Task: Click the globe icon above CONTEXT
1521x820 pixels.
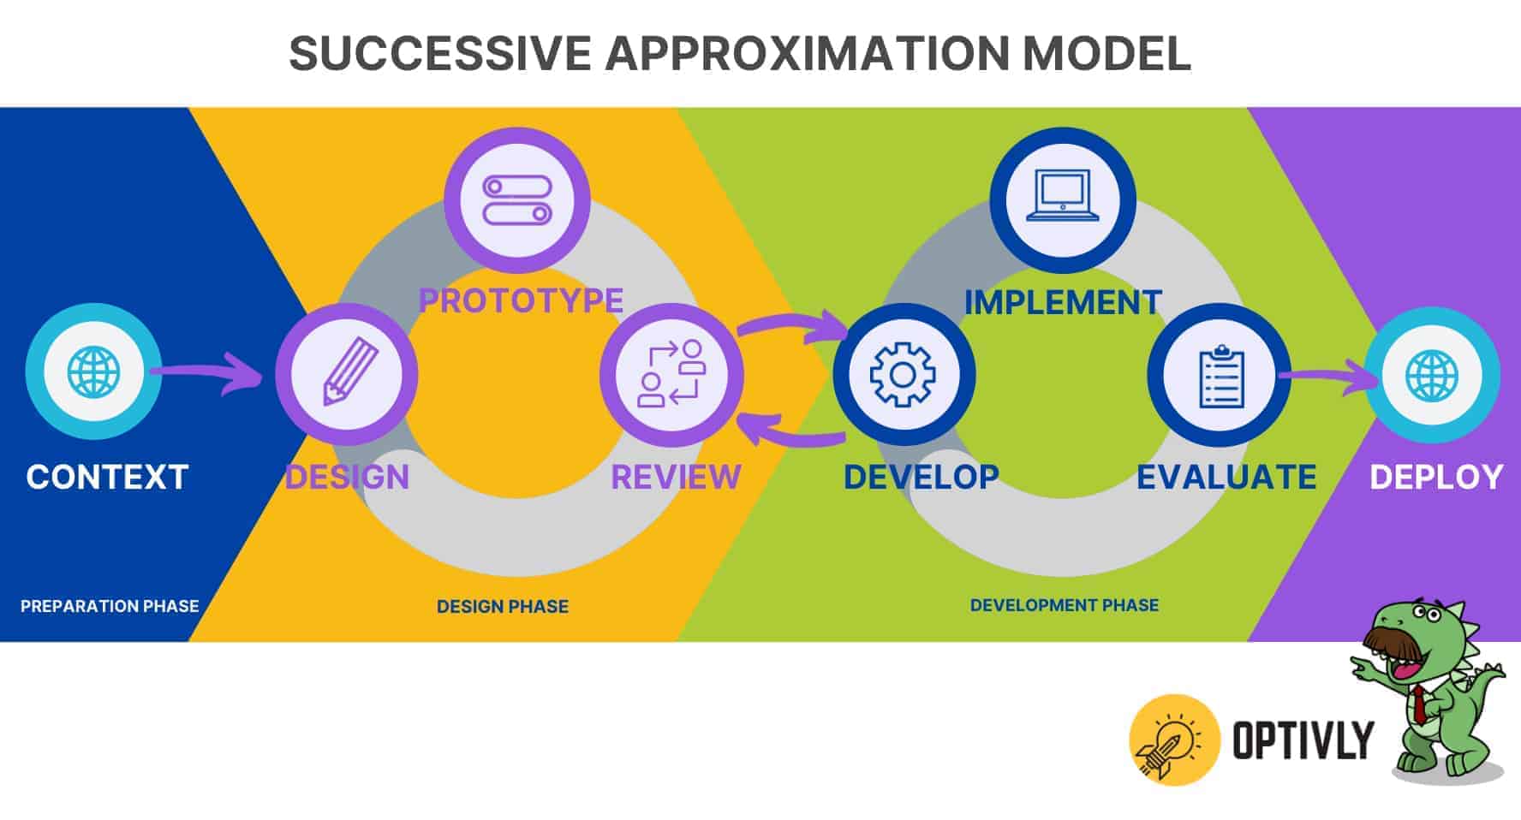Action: [93, 371]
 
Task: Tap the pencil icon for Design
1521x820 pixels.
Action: [347, 374]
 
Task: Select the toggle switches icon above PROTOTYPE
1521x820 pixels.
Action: [517, 200]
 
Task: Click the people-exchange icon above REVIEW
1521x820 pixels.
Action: [671, 374]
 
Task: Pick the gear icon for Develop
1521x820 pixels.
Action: [903, 374]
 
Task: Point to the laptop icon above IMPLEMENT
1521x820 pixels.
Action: [1062, 198]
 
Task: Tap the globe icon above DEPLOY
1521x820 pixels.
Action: [1431, 375]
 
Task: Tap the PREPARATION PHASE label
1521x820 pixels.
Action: [110, 606]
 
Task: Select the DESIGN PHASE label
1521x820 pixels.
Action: [503, 607]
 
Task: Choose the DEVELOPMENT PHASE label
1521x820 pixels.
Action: [1064, 605]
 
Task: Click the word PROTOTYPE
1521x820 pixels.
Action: [521, 300]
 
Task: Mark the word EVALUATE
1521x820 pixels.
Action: [1226, 478]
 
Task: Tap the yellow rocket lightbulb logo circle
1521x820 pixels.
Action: [1174, 739]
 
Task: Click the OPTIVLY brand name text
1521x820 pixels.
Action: [1302, 740]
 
